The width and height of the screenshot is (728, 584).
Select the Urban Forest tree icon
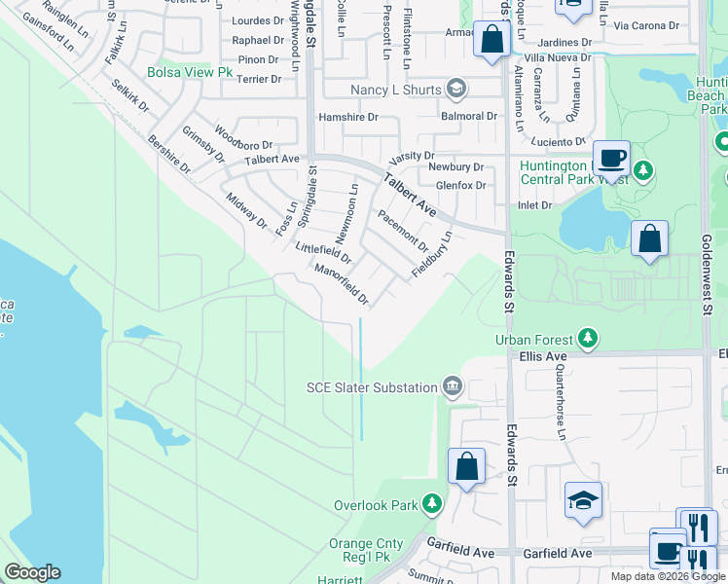(587, 339)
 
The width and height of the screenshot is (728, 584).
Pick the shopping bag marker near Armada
(491, 41)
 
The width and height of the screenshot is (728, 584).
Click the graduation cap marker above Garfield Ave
(583, 500)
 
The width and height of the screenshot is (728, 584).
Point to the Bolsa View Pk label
(191, 72)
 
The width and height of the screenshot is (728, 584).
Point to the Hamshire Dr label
(348, 117)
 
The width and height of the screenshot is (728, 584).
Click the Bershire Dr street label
(169, 155)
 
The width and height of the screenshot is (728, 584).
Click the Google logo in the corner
(33, 572)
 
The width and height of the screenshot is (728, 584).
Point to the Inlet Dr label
(535, 205)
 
